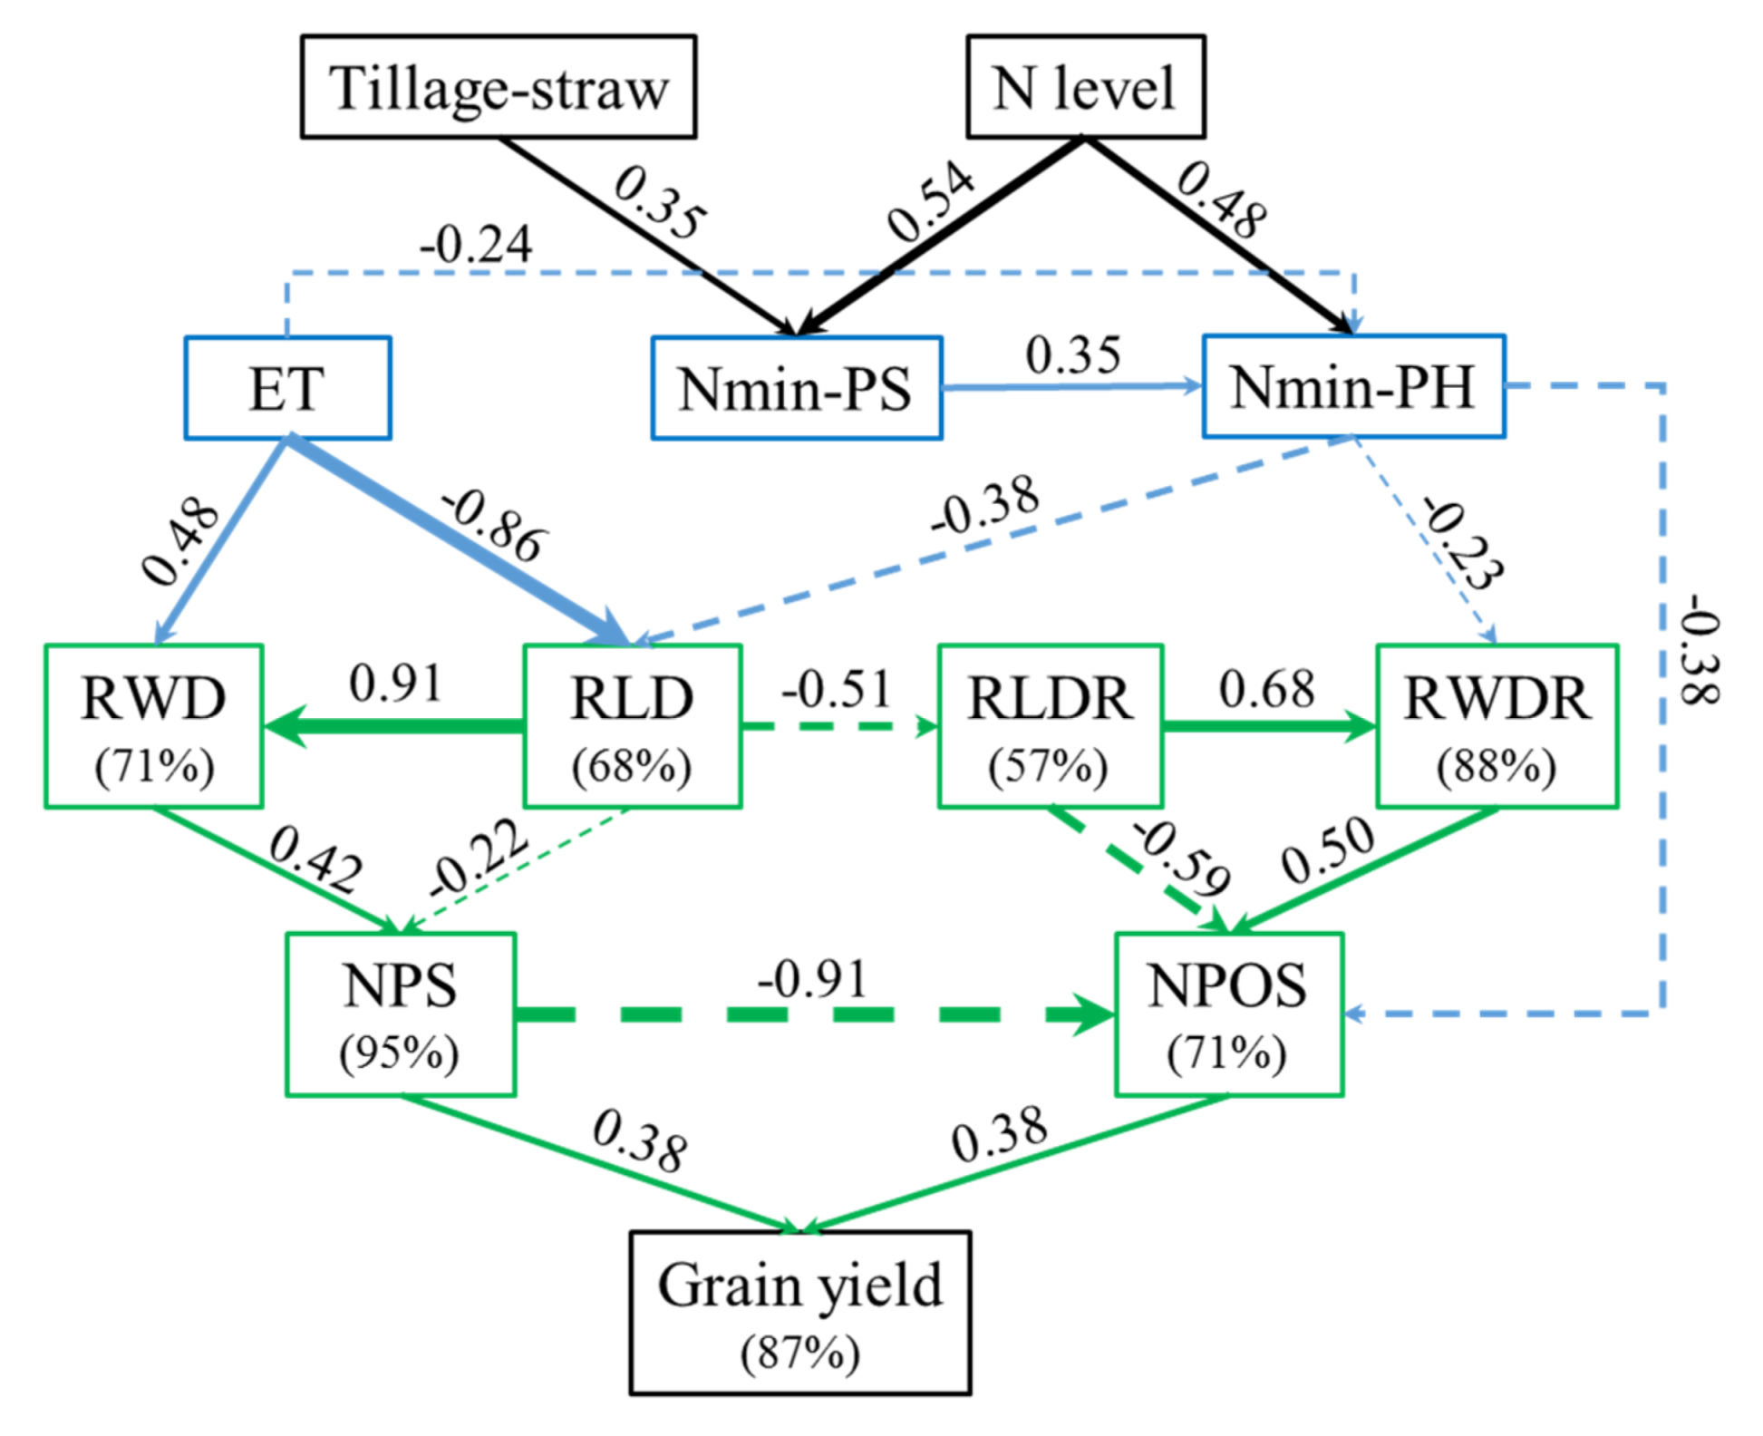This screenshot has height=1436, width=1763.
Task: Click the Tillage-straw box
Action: (x=498, y=87)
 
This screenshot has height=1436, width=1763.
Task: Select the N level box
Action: (x=1085, y=87)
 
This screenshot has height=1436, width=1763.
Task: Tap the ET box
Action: (x=287, y=388)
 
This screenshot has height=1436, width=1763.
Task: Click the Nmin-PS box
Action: (x=796, y=388)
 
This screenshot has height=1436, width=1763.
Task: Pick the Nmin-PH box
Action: (x=1352, y=386)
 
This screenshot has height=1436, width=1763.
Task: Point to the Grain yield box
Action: (x=799, y=1311)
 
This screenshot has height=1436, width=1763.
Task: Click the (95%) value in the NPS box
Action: (x=399, y=1053)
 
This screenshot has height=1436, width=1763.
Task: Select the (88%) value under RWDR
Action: (x=1496, y=766)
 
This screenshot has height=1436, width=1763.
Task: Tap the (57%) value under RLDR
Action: (x=1048, y=766)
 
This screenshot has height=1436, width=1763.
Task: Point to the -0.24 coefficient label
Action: (x=475, y=245)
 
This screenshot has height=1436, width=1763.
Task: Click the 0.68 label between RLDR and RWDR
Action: (x=1266, y=689)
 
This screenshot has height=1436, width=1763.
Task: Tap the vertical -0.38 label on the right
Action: (x=1698, y=649)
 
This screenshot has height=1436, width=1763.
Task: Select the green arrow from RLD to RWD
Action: (x=394, y=726)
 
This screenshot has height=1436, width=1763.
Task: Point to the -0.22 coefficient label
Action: (x=478, y=858)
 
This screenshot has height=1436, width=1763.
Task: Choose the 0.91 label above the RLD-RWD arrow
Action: (x=395, y=683)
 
